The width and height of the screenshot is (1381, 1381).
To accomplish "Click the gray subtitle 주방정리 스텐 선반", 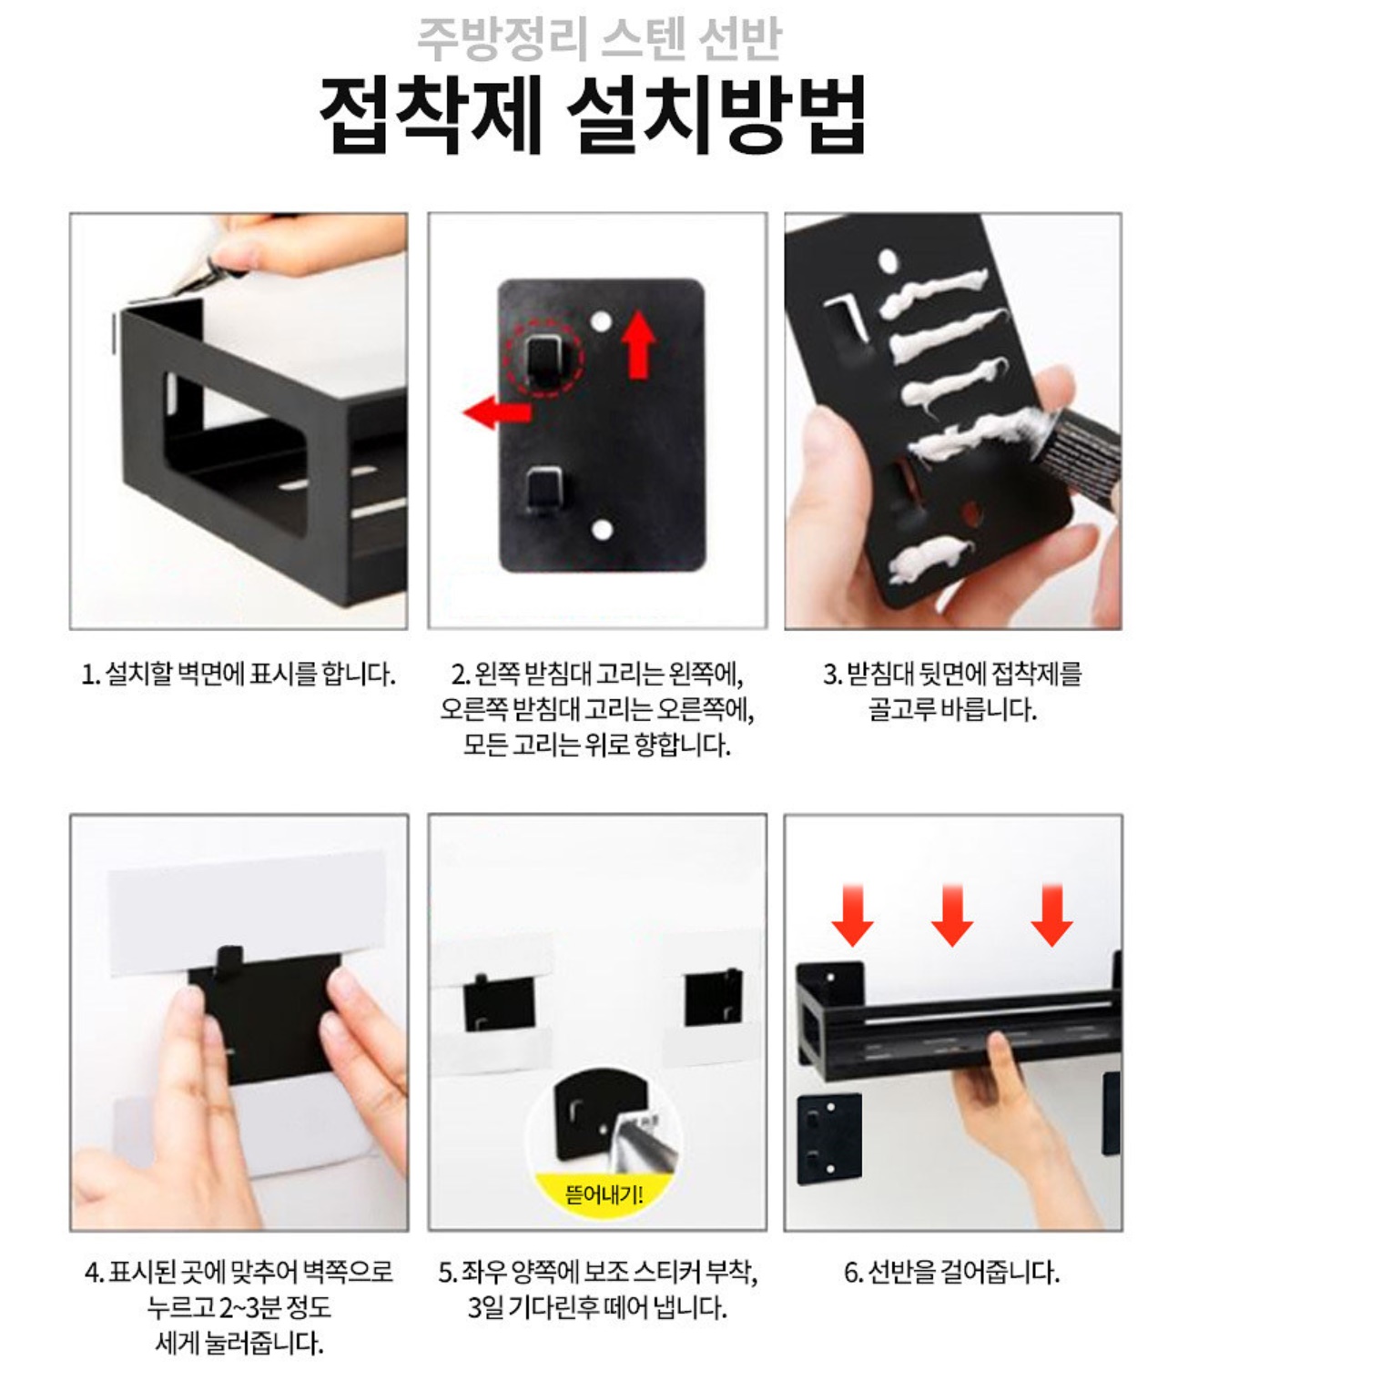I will (598, 39).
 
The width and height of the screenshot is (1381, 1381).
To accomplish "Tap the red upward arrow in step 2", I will (639, 344).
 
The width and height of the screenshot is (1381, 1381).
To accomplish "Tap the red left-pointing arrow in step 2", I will (496, 412).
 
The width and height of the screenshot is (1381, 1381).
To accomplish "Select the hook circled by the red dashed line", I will (544, 358).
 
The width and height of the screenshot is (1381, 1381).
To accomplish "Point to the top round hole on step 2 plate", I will (602, 321).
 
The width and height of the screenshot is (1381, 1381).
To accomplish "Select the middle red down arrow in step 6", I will (951, 915).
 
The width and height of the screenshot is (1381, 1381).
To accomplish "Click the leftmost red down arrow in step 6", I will (852, 915).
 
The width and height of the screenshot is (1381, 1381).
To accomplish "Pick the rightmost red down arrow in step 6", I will (1051, 915).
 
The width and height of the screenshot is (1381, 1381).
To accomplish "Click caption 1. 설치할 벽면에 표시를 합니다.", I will (239, 675).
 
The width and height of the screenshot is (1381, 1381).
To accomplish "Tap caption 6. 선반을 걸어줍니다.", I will (951, 1272).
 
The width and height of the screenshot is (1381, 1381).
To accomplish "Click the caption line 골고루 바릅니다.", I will (951, 709).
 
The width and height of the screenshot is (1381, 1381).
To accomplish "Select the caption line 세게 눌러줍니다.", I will (239, 1343).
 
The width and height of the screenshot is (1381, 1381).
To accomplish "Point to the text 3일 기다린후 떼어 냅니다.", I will (597, 1307).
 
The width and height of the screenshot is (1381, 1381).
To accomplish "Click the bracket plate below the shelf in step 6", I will (828, 1138).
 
